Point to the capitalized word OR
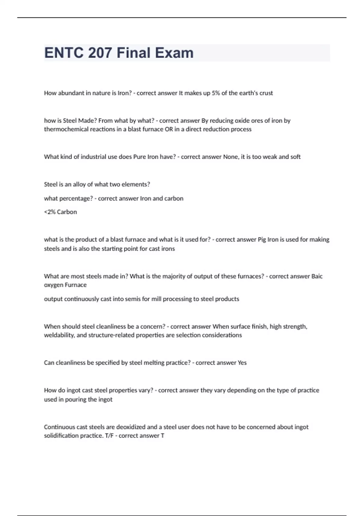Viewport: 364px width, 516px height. click(x=169, y=129)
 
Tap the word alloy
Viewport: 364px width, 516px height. click(x=79, y=185)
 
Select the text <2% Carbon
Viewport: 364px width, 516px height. click(x=60, y=212)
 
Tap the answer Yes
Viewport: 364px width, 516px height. click(x=242, y=363)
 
